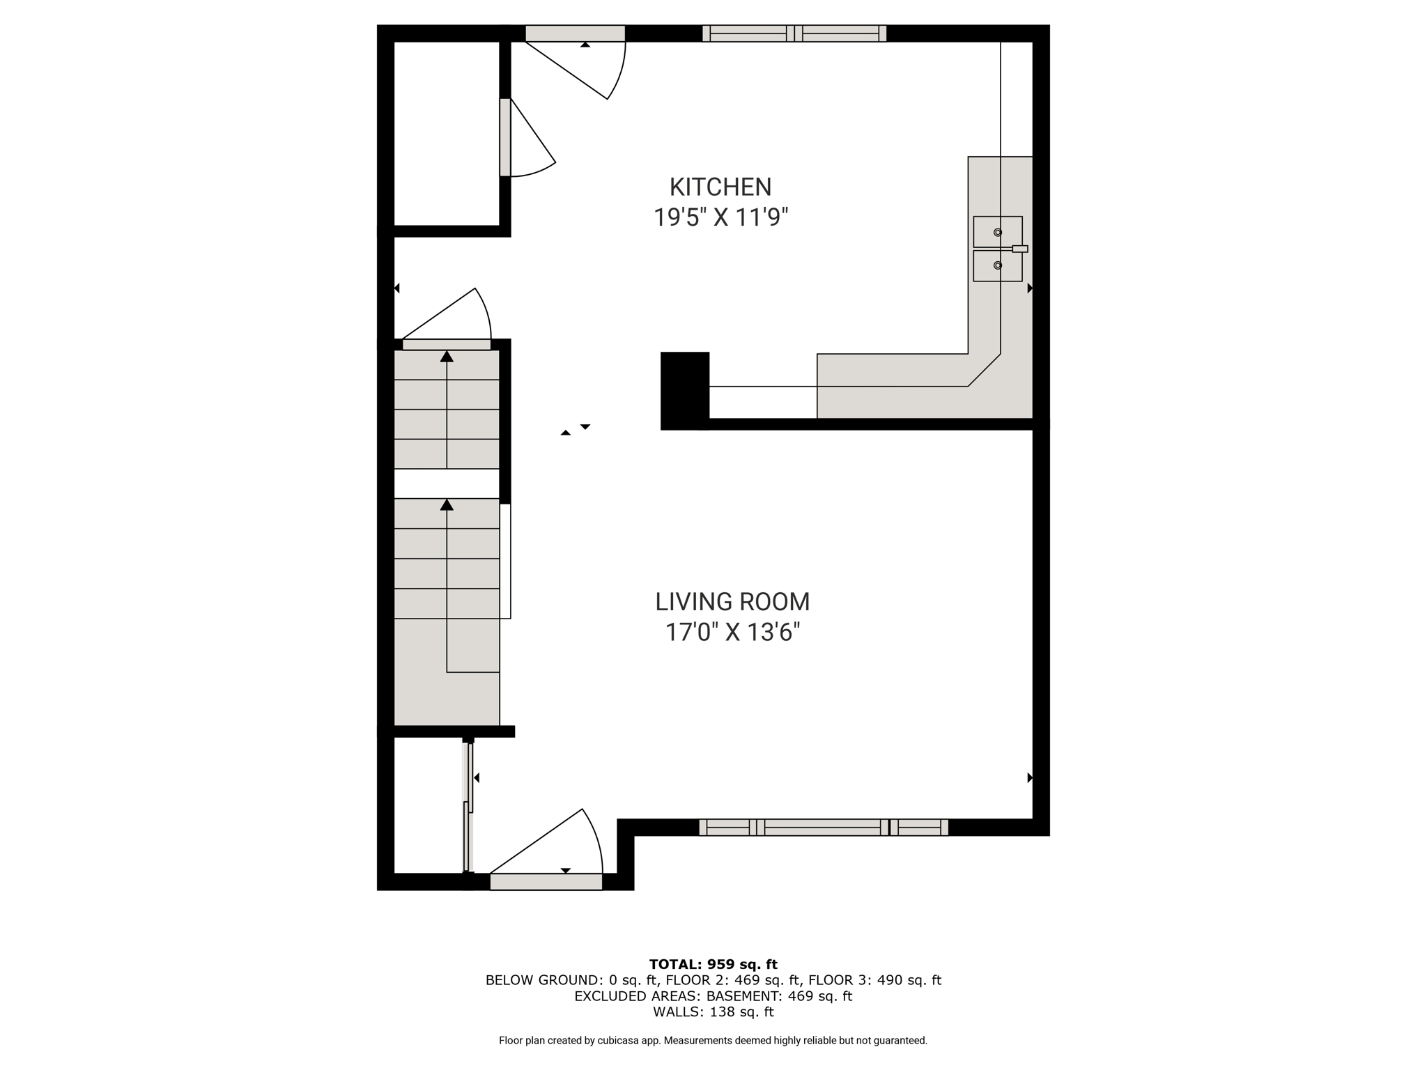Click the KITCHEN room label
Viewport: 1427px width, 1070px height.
click(720, 187)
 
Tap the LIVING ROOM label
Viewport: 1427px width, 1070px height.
click(732, 601)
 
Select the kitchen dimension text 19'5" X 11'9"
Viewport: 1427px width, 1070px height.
click(720, 217)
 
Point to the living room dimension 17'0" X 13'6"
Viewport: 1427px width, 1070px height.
click(732, 632)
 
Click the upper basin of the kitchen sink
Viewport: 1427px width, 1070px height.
click(997, 232)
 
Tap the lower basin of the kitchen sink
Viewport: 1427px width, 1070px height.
click(997, 265)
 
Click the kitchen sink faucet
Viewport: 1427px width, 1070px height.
click(1019, 249)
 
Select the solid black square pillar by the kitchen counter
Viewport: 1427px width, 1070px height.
click(685, 390)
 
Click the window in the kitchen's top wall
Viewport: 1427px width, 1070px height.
click(794, 33)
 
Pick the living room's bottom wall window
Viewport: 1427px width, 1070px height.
click(824, 827)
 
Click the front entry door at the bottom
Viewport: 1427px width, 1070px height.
click(546, 881)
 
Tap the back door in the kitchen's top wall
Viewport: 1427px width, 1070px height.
click(576, 33)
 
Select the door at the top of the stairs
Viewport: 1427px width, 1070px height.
click(447, 344)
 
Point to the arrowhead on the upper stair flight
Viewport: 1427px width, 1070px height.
click(447, 357)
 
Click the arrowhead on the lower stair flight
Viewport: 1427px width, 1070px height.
click(447, 504)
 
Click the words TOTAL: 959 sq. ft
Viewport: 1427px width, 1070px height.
click(713, 964)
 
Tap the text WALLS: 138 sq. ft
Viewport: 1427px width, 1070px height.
click(713, 1011)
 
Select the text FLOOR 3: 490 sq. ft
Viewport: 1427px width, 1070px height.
click(874, 980)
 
